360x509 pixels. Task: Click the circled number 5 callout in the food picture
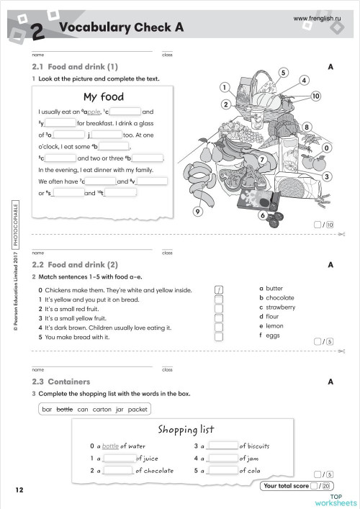click(284, 73)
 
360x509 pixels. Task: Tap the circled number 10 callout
click(315, 96)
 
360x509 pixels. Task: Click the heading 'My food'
click(104, 96)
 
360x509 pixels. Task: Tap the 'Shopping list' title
click(186, 430)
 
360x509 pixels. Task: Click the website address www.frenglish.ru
click(321, 17)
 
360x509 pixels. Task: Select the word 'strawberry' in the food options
click(280, 307)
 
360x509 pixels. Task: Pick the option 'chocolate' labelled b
click(279, 297)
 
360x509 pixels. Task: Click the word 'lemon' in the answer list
click(275, 325)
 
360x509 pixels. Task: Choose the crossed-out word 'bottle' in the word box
click(65, 409)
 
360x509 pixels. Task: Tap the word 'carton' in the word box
click(99, 409)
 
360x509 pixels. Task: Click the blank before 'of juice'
click(119, 458)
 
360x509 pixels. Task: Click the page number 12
click(19, 490)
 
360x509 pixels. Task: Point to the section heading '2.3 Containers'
click(61, 382)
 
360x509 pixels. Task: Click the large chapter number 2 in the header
click(37, 31)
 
